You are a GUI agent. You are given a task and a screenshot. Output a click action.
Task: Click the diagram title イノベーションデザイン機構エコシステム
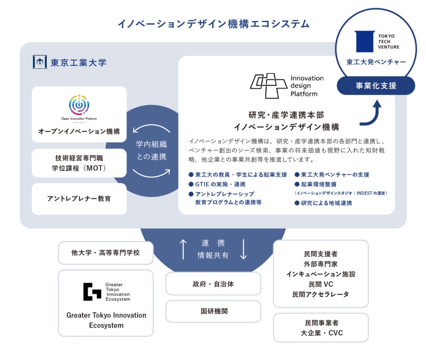pos(213,24)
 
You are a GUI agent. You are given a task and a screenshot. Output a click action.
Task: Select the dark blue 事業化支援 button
pos(376,86)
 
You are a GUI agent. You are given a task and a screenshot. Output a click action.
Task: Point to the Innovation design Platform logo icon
pos(268,86)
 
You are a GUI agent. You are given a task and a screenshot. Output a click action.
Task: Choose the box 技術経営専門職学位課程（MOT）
pos(79,163)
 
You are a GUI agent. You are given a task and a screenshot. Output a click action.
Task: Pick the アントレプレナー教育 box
pos(79,199)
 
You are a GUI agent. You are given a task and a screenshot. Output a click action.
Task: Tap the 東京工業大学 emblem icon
pos(40,62)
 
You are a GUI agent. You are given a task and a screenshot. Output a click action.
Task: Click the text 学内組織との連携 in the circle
pos(151,150)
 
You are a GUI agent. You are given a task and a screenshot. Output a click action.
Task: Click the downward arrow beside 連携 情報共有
pos(244,249)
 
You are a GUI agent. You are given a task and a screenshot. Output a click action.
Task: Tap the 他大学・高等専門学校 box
pos(106,252)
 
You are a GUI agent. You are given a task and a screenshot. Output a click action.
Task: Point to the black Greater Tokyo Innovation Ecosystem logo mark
pos(92,291)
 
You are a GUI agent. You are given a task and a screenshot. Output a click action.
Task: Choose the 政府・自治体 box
pos(213,284)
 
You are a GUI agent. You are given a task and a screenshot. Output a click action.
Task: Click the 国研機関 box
pos(213,311)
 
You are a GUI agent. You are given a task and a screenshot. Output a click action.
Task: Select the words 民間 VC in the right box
pos(320,284)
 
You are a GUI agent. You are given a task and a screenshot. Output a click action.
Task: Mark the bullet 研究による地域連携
pos(326,203)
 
